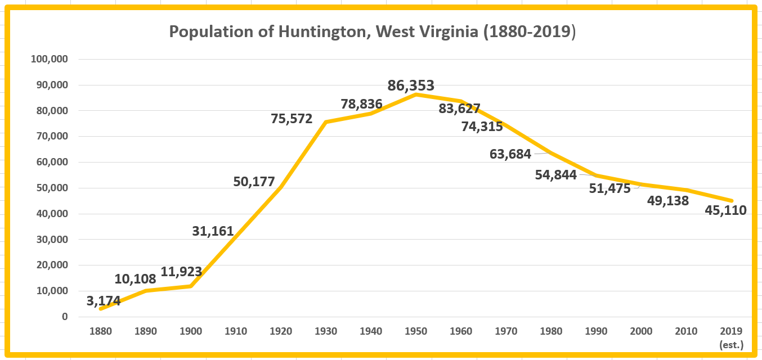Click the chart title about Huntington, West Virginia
tap(372, 32)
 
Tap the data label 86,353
tap(411, 86)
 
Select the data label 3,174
tap(104, 301)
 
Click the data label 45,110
tap(725, 211)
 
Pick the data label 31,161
tap(213, 231)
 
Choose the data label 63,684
tap(510, 154)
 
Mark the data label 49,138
tap(668, 201)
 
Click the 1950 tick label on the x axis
tap(416, 331)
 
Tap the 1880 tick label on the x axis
tap(101, 331)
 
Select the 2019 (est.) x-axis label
tap(731, 336)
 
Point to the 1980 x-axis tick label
tap(551, 331)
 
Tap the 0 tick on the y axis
tap(65, 317)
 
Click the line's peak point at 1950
tap(416, 94)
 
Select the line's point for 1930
tap(326, 121)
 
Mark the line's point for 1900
tap(191, 286)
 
